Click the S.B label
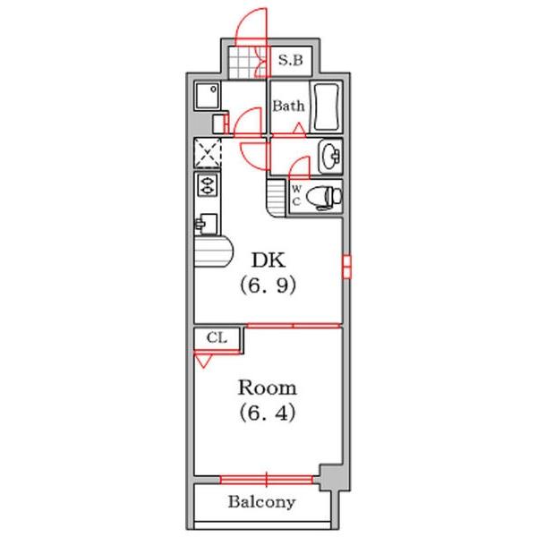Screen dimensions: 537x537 click(x=290, y=60)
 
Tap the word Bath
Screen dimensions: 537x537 click(x=288, y=106)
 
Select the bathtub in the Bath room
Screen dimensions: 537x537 click(x=327, y=107)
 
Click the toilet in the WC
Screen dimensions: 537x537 click(x=324, y=197)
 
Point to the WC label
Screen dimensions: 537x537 click(x=296, y=195)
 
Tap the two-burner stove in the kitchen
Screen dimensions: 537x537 click(x=207, y=185)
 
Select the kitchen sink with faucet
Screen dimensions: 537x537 click(x=206, y=224)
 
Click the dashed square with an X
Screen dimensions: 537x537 click(x=208, y=153)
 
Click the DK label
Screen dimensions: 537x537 click(x=268, y=260)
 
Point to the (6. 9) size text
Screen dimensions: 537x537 click(x=268, y=286)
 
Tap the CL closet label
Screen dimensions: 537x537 click(x=217, y=338)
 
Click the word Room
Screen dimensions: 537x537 click(x=267, y=388)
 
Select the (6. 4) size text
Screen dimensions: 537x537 click(x=267, y=413)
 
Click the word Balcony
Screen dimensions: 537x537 click(x=261, y=502)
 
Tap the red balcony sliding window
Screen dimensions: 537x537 click(x=266, y=480)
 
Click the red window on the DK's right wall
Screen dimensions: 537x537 click(x=346, y=267)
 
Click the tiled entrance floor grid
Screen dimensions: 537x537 click(x=243, y=62)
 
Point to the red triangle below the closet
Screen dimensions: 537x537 click(x=203, y=361)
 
